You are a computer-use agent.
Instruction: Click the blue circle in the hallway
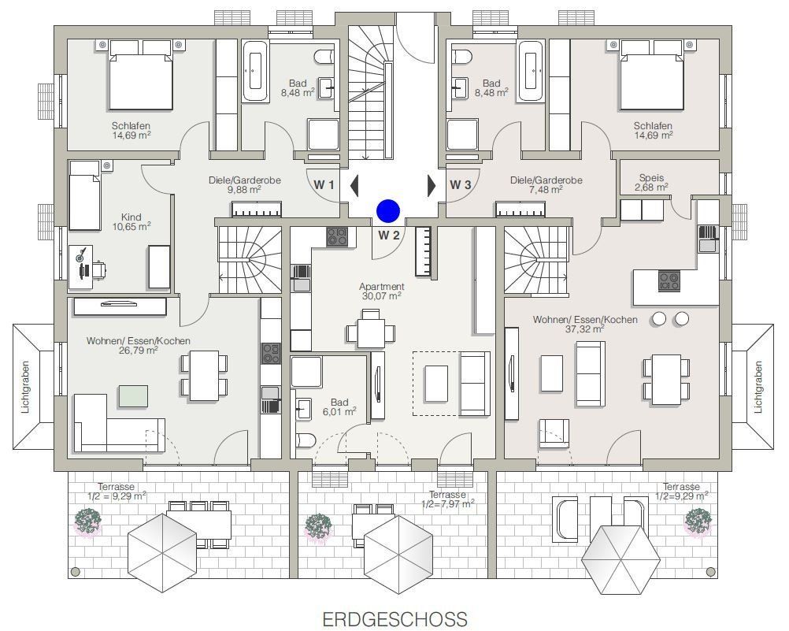388,210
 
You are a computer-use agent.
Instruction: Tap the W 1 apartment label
325,185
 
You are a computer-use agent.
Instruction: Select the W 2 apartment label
389,235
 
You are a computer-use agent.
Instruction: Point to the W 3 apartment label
461,185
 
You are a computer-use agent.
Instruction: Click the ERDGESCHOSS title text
394,619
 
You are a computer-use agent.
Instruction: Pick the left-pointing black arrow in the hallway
354,185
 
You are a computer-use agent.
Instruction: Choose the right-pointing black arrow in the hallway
431,185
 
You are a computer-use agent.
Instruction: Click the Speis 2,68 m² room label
653,182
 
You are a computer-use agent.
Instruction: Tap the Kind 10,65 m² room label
131,221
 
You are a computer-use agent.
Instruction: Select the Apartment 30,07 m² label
381,291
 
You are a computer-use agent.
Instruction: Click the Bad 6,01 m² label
339,406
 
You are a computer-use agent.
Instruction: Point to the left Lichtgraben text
25,387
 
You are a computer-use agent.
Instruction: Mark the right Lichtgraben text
758,387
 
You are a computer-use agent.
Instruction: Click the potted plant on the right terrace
698,520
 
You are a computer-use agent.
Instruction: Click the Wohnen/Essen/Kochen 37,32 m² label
585,324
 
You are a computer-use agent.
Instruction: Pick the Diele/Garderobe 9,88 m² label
244,184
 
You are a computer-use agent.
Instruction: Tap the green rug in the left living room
133,395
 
